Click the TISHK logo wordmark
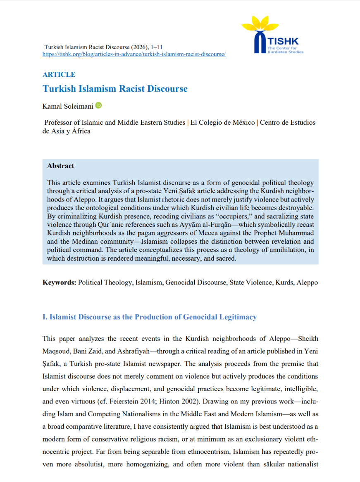pos(283,41)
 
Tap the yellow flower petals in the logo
pos(260,24)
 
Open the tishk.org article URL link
pos(134,55)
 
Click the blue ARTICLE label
pos(59,74)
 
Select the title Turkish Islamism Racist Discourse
pos(115,89)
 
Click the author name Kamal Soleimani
pos(68,106)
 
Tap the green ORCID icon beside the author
pos(98,106)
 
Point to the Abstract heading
pos(61,166)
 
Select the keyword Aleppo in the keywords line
pos(307,283)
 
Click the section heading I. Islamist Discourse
pos(149,317)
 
